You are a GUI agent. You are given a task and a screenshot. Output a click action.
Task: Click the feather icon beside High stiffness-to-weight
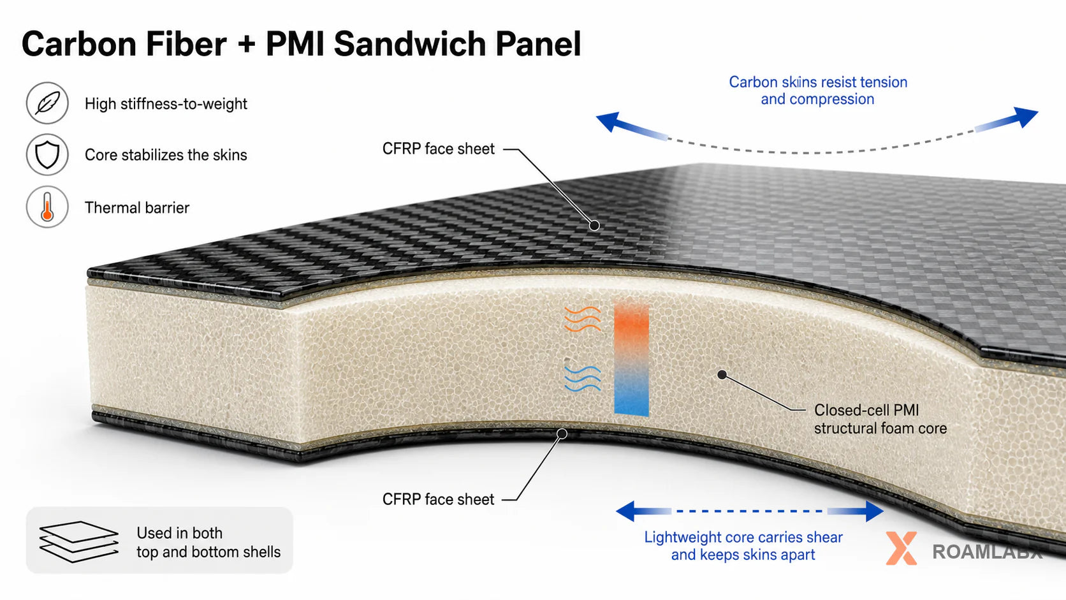[47, 103]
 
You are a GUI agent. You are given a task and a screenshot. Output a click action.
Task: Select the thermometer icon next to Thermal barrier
[47, 207]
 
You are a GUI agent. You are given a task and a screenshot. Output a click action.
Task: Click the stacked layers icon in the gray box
[78, 541]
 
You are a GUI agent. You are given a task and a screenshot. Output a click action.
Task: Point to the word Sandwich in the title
[410, 44]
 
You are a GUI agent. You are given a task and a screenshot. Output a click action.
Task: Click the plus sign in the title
[245, 44]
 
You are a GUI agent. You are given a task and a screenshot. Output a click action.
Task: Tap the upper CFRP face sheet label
[438, 149]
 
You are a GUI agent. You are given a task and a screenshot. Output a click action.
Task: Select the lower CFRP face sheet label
[438, 500]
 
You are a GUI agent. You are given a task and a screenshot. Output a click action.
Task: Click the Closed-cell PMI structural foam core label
[880, 419]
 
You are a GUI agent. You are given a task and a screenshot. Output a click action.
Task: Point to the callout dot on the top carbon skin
[594, 226]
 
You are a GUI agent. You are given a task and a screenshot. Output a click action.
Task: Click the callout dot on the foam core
[722, 375]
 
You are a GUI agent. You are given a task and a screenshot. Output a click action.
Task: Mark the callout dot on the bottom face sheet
[562, 434]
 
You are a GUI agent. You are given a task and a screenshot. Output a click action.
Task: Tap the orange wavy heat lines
[583, 319]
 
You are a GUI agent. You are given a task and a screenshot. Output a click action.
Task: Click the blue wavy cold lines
[583, 378]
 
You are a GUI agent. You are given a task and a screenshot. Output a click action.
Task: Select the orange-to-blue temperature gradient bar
[632, 358]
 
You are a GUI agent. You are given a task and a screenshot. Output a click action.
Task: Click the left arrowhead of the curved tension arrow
[609, 122]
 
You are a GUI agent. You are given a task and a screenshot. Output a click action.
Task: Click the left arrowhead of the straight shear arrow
[626, 511]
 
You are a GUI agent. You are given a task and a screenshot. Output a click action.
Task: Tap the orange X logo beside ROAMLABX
[902, 548]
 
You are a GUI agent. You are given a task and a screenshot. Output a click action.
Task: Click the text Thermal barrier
[137, 208]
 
